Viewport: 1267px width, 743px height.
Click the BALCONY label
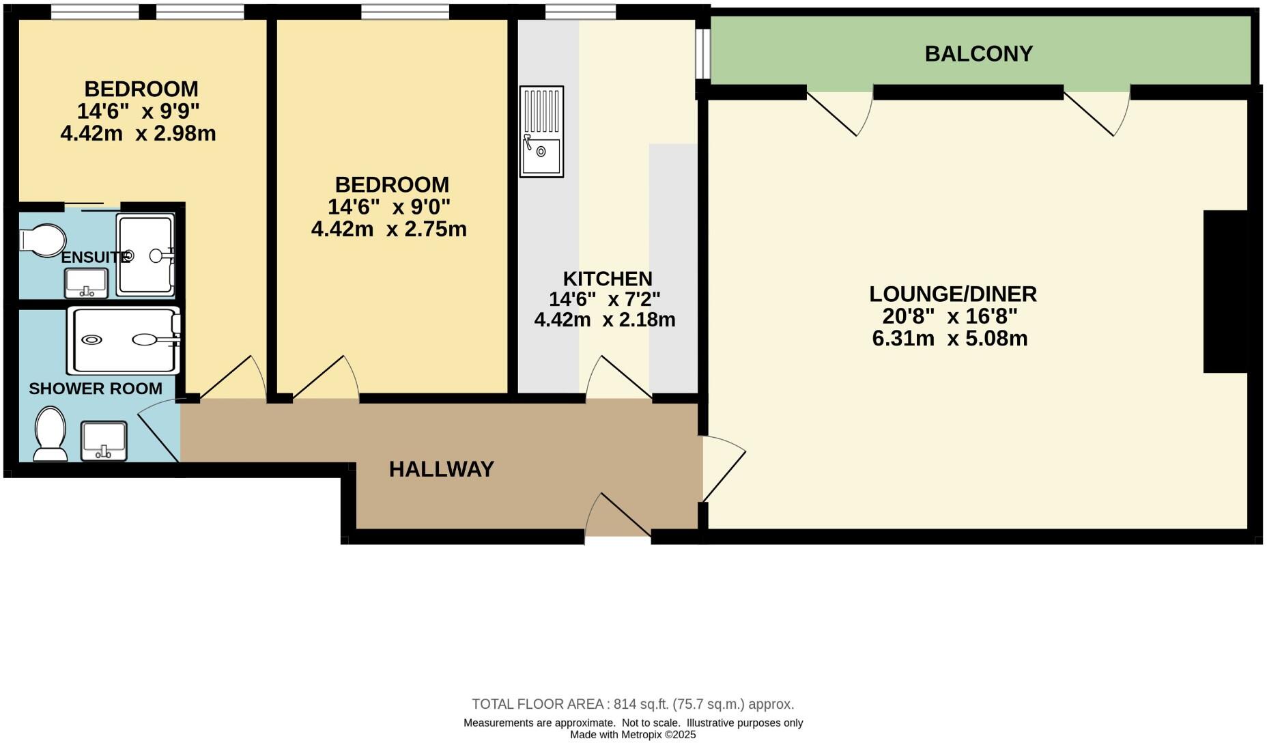click(x=978, y=53)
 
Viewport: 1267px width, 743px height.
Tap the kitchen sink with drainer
click(x=541, y=131)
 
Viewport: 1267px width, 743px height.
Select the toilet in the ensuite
click(x=42, y=240)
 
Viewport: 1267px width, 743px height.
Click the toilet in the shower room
click(x=50, y=434)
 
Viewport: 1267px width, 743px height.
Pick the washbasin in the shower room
click(x=104, y=440)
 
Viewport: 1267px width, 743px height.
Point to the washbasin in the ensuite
click(x=86, y=283)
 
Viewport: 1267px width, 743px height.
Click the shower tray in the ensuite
click(x=145, y=255)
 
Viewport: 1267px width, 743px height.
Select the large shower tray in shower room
click(x=124, y=340)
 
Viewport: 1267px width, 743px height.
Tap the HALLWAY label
click(x=441, y=469)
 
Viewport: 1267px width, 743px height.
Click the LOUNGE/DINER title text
click(x=952, y=294)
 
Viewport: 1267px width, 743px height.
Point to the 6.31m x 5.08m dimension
click(x=950, y=338)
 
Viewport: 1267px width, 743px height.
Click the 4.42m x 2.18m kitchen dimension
click(x=604, y=319)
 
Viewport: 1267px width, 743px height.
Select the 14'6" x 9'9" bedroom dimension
click(x=138, y=111)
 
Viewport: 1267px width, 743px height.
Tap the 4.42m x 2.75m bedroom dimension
click(x=388, y=229)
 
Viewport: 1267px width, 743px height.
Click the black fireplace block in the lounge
click(x=1225, y=292)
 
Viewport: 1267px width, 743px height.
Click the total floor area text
click(x=633, y=704)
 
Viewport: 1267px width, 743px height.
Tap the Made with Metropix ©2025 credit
click(x=633, y=735)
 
